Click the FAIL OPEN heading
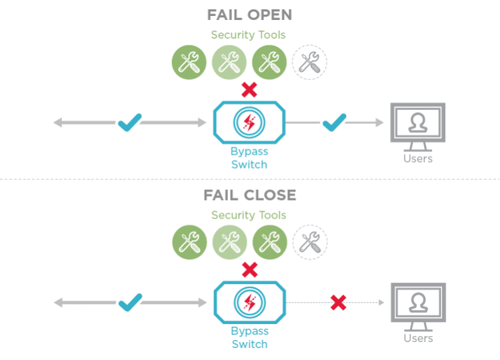[249, 15]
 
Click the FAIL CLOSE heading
[249, 195]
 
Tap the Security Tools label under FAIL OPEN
[249, 35]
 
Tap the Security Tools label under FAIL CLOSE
[249, 215]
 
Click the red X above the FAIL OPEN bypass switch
[249, 89]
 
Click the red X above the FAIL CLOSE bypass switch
[249, 269]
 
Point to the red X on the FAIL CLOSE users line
[339, 303]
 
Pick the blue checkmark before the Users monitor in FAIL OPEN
[334, 122]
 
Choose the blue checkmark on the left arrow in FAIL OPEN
[129, 122]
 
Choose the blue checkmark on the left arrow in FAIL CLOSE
[129, 303]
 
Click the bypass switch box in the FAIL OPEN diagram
[249, 122]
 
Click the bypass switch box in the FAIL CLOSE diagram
[249, 303]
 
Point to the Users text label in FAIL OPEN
[418, 159]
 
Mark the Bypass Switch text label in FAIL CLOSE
[249, 338]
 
